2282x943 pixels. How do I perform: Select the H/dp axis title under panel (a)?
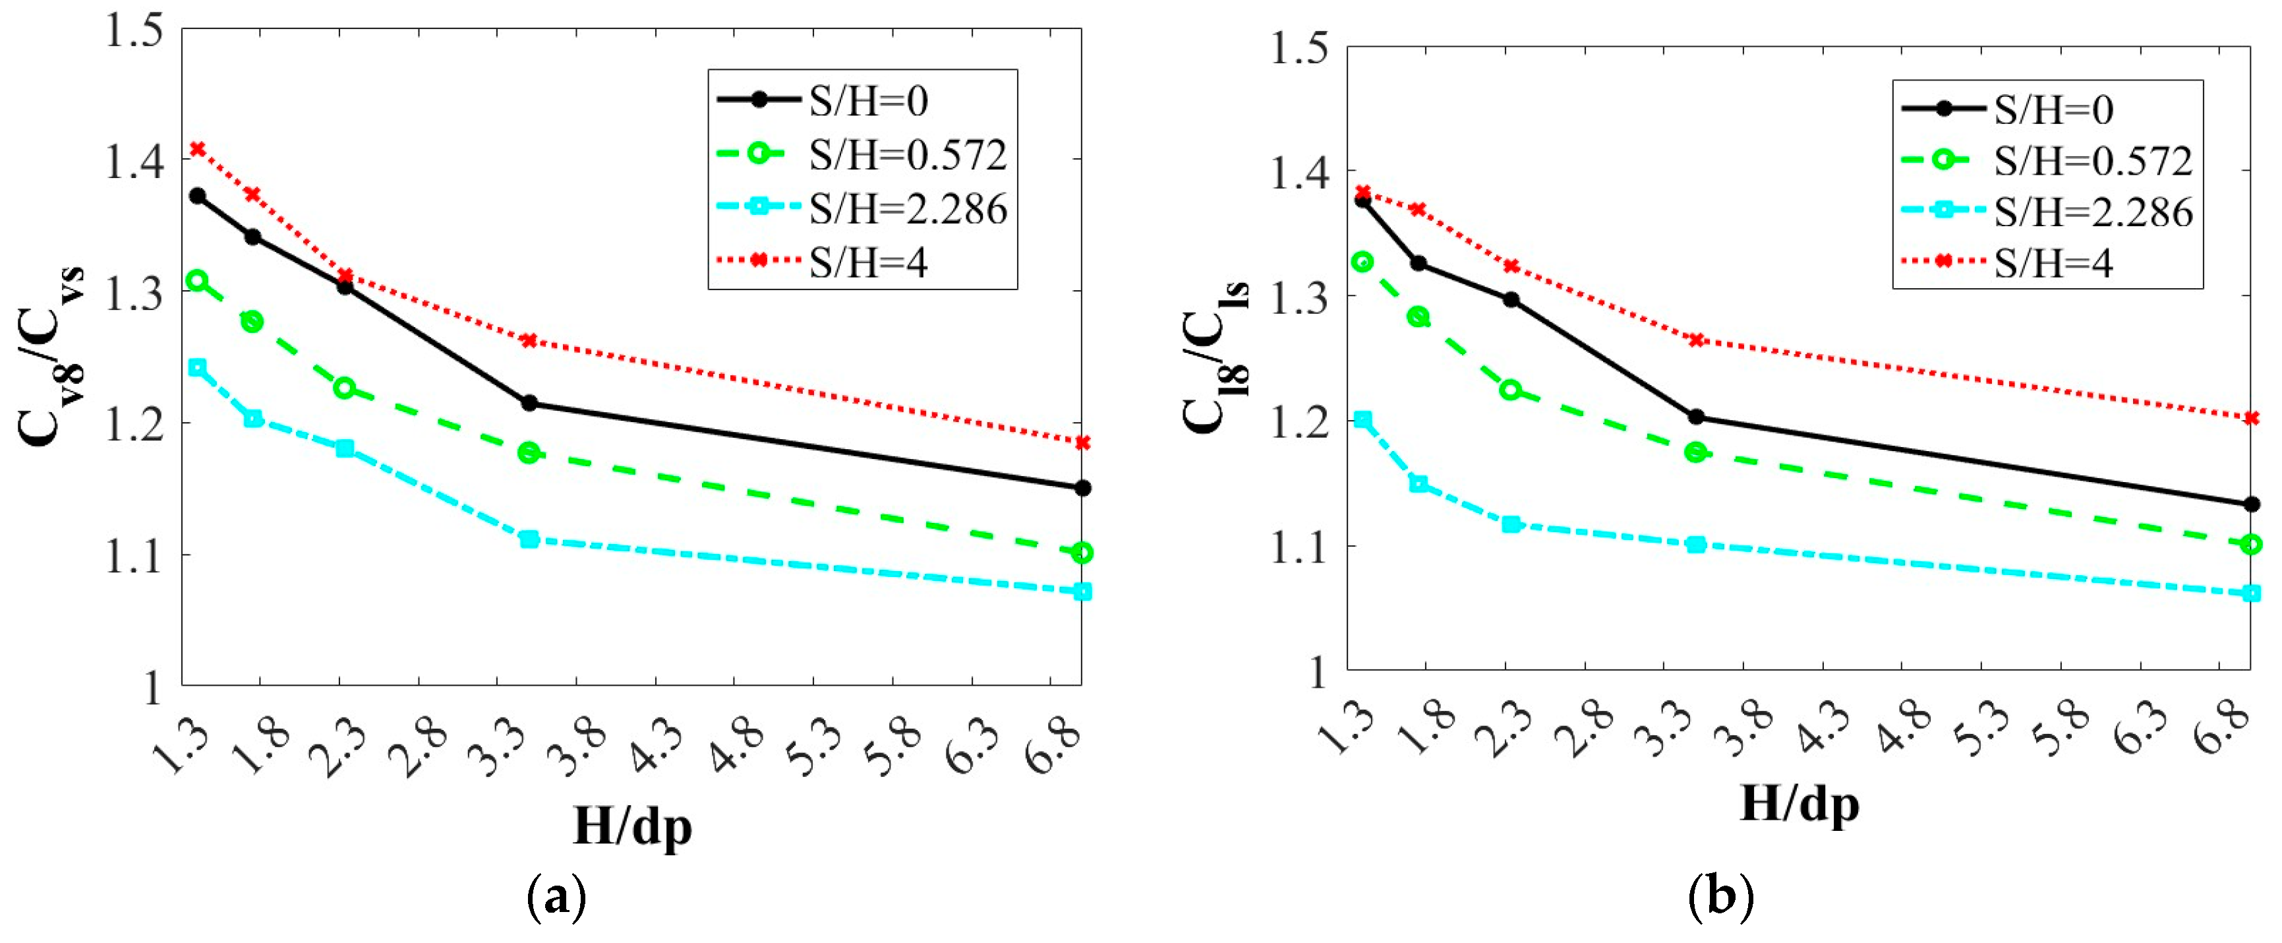click(631, 826)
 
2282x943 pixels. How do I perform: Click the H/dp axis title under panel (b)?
click(1798, 805)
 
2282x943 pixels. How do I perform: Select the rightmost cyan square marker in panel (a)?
click(1082, 591)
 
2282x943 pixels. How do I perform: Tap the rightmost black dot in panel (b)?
click(2251, 504)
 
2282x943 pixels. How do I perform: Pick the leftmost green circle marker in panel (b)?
click(1363, 261)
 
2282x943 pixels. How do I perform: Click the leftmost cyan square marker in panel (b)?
click(1363, 419)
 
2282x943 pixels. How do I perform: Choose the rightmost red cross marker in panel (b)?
click(2251, 417)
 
